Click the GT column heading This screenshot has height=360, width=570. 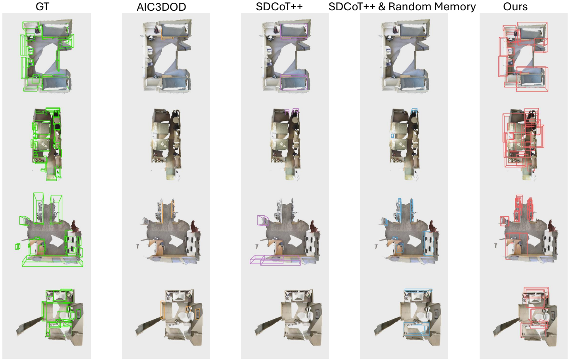point(42,6)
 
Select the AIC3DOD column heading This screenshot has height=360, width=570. point(161,7)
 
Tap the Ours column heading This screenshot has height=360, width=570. point(515,6)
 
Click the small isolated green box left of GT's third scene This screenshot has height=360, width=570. point(17,246)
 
